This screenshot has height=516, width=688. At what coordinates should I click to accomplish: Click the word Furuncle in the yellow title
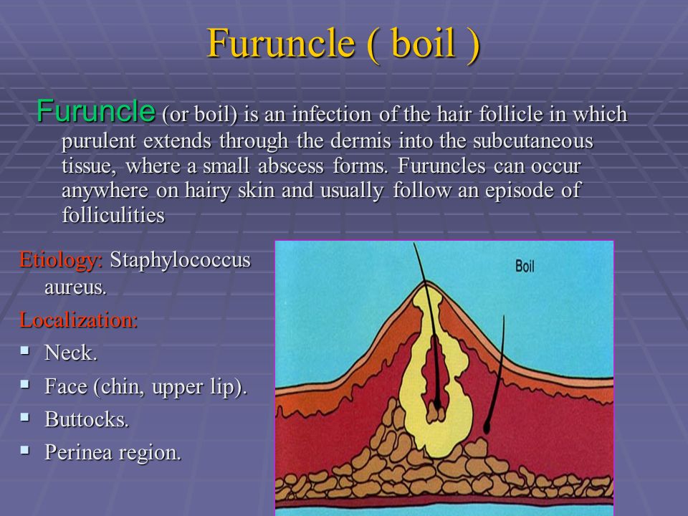[x=281, y=43]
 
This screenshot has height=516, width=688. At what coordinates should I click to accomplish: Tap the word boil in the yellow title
[x=423, y=42]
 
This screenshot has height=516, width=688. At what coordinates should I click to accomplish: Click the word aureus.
[x=75, y=288]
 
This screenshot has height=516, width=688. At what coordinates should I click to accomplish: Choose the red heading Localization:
[x=79, y=320]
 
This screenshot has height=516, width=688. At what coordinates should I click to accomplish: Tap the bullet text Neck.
[x=71, y=353]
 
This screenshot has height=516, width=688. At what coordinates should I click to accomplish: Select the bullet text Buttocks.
[x=87, y=419]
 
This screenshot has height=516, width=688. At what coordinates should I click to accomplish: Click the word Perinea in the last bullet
[x=78, y=452]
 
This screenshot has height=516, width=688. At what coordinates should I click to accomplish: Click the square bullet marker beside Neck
[x=25, y=350]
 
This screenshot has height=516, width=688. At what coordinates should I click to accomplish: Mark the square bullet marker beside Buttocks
[x=25, y=417]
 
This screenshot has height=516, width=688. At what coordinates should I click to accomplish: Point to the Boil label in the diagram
[x=525, y=267]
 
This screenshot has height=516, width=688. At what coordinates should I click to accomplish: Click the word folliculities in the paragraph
[x=113, y=215]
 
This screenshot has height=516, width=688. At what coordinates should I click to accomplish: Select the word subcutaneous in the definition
[x=532, y=141]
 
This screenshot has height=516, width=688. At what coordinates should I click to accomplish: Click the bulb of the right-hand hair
[x=486, y=427]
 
